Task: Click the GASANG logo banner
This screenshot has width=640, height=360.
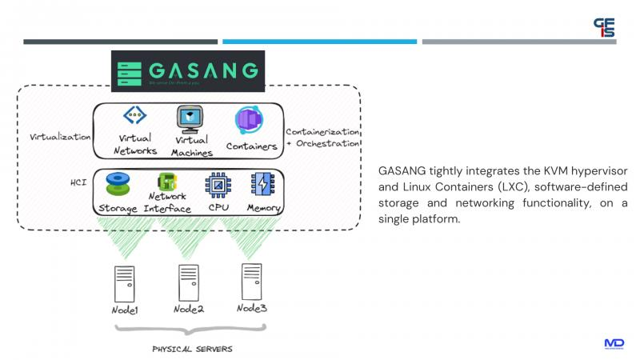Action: coord(187,71)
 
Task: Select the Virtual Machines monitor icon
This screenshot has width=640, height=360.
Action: coord(190,119)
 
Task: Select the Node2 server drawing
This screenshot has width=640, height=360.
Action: coord(188,282)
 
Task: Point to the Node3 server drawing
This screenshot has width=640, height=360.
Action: coord(251,280)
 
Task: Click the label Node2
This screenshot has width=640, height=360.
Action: coord(187,310)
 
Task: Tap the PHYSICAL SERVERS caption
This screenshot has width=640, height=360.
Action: coord(193,349)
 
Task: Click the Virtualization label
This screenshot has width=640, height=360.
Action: coord(60,137)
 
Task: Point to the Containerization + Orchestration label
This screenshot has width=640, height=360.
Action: coord(322,137)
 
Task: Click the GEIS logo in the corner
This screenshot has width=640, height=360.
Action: coord(604,27)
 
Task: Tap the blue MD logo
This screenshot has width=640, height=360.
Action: coord(614,343)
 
